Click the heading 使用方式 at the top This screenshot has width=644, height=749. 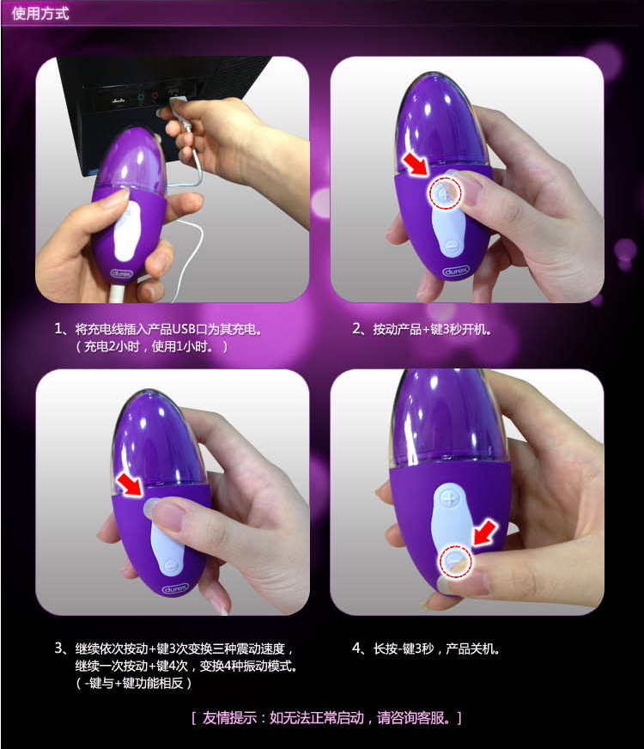point(40,13)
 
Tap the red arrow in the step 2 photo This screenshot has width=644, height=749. point(416,164)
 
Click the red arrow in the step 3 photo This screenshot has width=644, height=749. point(131,484)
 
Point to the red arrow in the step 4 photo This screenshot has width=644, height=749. point(485,533)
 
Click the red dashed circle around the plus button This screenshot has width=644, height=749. point(446,193)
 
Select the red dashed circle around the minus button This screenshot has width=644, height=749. point(455,561)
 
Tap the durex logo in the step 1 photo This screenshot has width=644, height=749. point(121,274)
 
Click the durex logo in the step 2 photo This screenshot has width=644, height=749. point(456,271)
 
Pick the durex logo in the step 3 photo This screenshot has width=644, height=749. point(175,589)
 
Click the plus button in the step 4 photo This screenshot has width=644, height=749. point(448,499)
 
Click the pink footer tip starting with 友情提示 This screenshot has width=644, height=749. point(326,718)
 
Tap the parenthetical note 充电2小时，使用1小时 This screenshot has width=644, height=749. point(152,346)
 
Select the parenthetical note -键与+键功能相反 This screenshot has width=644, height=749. point(134,683)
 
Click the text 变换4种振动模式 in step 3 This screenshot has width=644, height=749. point(248,666)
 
